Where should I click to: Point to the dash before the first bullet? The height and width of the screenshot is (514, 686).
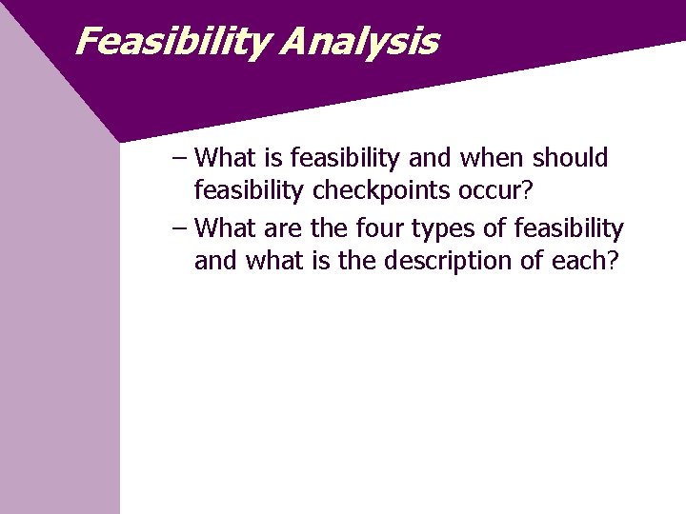[181, 157]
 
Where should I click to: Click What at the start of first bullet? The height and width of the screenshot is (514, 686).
[225, 157]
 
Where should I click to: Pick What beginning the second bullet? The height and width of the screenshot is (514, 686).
[225, 229]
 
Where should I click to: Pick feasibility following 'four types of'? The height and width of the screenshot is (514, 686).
[569, 229]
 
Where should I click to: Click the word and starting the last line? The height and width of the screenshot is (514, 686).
[216, 262]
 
